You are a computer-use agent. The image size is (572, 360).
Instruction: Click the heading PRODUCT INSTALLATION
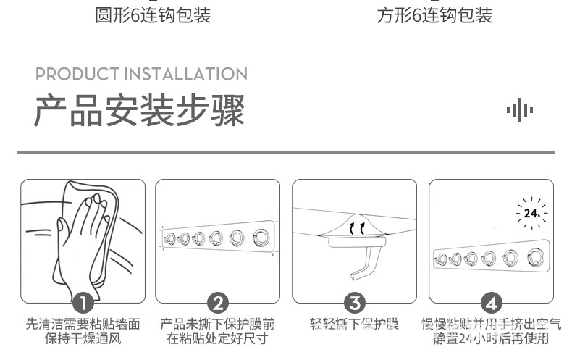tap(141, 74)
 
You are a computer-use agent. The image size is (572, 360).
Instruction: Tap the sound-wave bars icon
tap(519, 111)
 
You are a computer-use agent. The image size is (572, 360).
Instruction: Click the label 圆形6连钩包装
tap(153, 16)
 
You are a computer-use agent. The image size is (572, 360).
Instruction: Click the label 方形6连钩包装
tap(434, 16)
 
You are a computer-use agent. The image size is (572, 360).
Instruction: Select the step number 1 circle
tap(83, 303)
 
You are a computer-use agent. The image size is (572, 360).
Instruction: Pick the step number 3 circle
tap(354, 303)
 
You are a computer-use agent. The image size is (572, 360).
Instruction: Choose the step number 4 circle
tap(492, 303)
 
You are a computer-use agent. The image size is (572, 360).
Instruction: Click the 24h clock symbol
tap(531, 213)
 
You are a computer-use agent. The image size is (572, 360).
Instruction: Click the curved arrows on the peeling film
tap(357, 230)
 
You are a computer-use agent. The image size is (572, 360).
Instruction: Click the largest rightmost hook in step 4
tap(535, 256)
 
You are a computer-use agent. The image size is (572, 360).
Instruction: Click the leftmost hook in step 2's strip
tap(170, 238)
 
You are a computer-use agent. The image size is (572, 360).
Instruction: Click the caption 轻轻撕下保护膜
tap(354, 324)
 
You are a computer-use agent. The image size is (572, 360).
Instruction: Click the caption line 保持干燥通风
tap(83, 338)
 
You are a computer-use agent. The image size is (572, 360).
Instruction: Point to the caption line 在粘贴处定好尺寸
tap(217, 338)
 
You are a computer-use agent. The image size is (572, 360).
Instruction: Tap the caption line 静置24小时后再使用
tap(492, 338)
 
